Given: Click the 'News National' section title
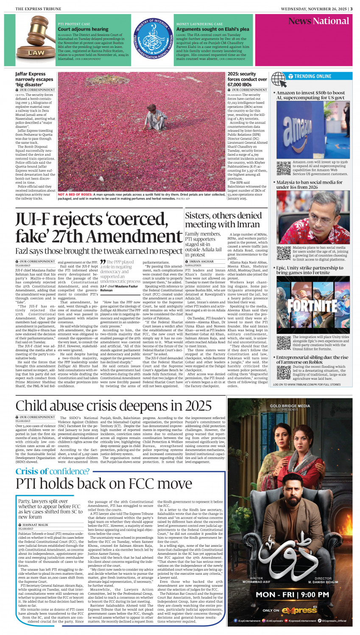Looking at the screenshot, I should [318, 21].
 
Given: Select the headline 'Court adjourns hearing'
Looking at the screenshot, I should [83, 29].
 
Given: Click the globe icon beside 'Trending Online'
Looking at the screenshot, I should [279, 79].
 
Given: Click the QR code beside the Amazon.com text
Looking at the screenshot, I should [284, 168].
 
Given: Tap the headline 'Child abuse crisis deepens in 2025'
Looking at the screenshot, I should [114, 406].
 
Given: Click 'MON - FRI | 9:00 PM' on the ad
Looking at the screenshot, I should [292, 594].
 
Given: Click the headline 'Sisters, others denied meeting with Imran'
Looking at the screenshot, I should [223, 220].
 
